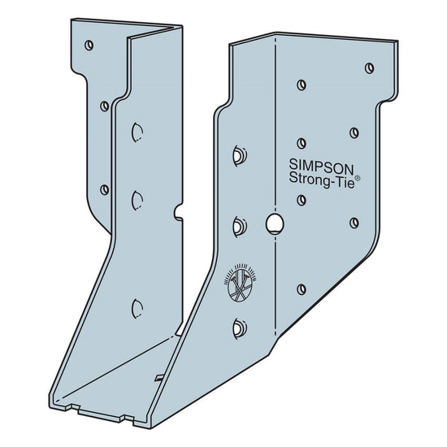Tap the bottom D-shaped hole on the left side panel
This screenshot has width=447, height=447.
136,305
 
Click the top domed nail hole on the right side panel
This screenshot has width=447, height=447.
237,152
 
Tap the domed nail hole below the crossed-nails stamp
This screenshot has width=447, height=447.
237,327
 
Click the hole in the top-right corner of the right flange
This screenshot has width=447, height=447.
369,67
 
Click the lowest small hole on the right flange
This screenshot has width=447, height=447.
302,285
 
